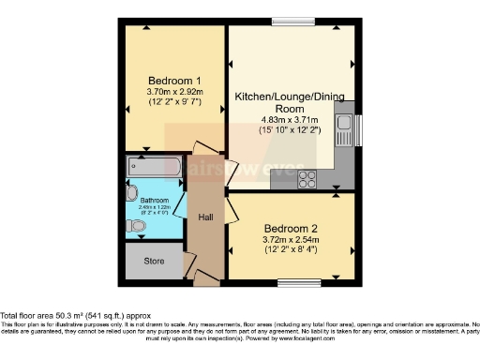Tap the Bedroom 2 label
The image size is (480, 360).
coord(290,227)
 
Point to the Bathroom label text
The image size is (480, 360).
coord(154,200)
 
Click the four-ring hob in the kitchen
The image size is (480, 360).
coord(307,178)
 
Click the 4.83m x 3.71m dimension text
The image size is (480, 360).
coord(291,120)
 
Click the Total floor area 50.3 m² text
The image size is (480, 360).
coord(74,316)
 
